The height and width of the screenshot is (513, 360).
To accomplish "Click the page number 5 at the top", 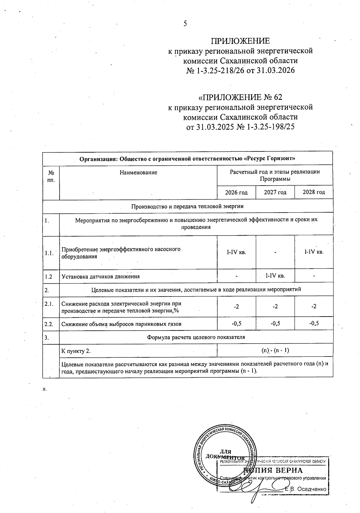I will click(x=185, y=24).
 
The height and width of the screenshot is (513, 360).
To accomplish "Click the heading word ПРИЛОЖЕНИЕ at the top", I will click(x=240, y=41).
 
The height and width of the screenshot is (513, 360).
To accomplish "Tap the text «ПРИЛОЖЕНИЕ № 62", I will click(x=240, y=97).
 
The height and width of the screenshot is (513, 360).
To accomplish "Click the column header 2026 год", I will click(x=236, y=192).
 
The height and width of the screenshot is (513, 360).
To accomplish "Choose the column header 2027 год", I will click(x=275, y=192).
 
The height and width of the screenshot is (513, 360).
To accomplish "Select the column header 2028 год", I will click(x=314, y=192).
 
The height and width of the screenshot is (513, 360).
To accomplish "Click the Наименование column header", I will click(x=138, y=172).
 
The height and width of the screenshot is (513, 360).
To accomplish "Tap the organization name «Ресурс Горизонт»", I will click(x=270, y=158).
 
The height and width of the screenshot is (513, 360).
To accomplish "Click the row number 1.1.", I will click(x=49, y=253).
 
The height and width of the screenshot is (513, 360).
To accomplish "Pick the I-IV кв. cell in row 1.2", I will click(x=275, y=276).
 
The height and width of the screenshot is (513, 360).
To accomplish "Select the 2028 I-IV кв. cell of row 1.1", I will click(x=314, y=252).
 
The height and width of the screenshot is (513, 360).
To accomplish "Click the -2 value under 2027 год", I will click(x=275, y=306).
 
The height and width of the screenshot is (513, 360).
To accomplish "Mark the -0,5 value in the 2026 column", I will click(x=236, y=323).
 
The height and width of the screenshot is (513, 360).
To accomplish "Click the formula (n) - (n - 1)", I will click(x=275, y=350).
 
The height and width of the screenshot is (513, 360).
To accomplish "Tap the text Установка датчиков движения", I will click(x=100, y=276).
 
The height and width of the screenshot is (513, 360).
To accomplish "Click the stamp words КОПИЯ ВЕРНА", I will click(x=273, y=470).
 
